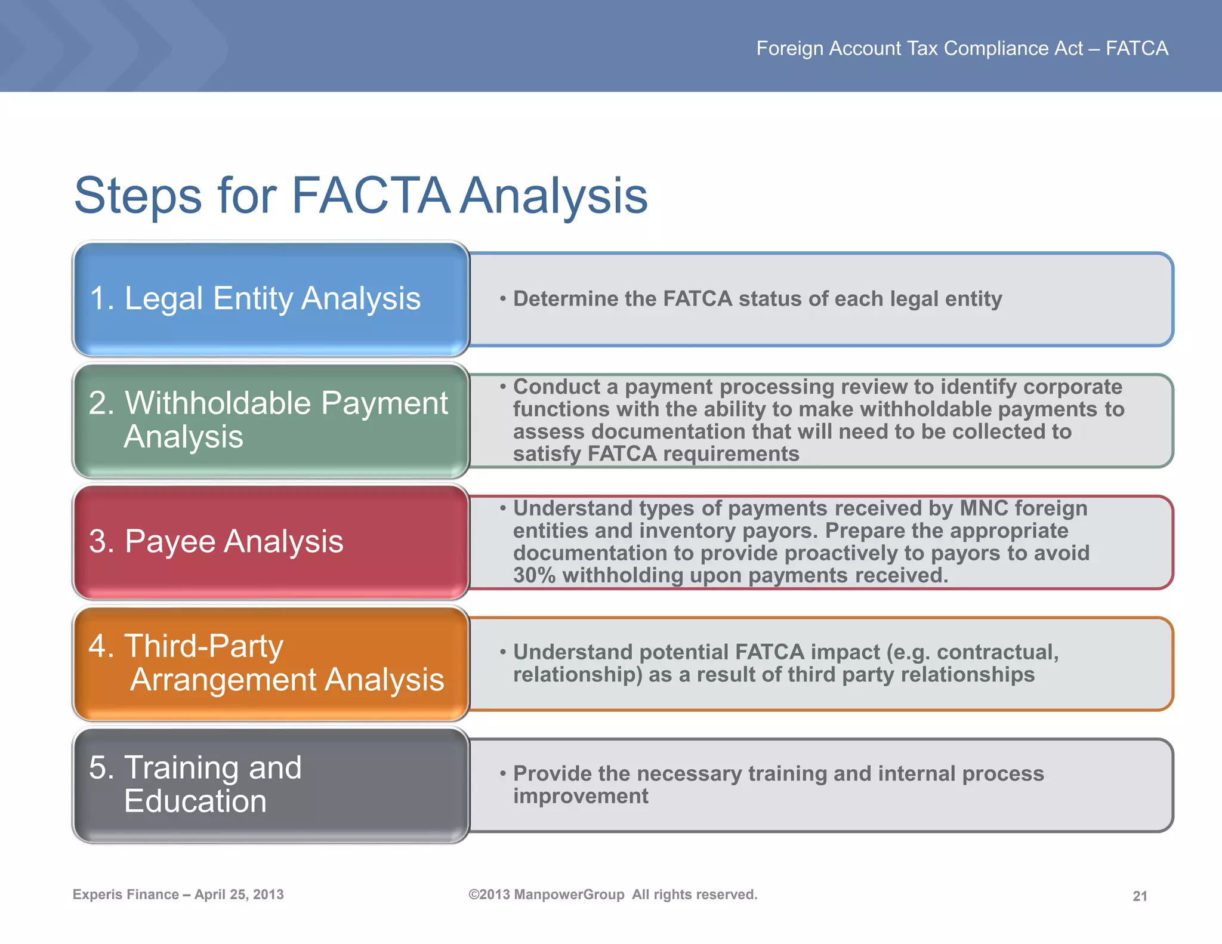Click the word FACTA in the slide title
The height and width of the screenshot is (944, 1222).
point(370,196)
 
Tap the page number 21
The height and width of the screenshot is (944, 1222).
point(1140,896)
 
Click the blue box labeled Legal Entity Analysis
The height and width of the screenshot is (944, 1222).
point(270,298)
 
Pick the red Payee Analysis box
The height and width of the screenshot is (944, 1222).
point(270,541)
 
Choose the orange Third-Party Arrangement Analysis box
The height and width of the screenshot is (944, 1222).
point(270,663)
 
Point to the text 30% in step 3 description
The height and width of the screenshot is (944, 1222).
point(534,575)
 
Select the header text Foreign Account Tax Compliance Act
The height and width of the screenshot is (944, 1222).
point(919,48)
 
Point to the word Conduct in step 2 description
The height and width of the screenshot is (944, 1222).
point(556,387)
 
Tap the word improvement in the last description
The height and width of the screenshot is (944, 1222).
point(580,796)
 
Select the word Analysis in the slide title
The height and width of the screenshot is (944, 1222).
point(554,196)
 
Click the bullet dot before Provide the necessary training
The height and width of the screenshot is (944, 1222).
point(503,773)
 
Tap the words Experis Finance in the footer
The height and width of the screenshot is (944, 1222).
point(125,894)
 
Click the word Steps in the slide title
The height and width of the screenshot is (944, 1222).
point(138,196)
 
